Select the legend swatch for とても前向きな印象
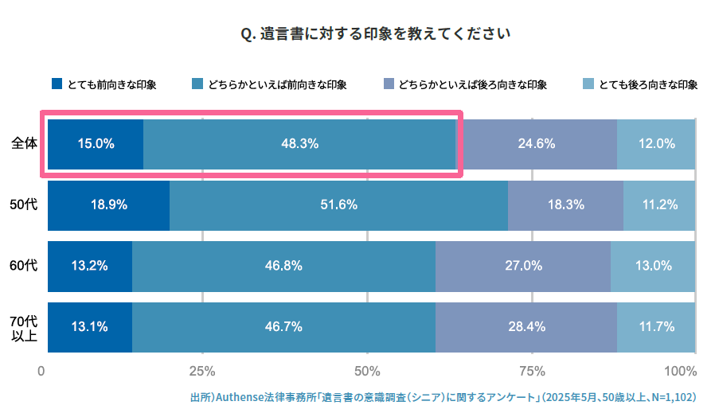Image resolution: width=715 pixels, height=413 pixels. pos(57,84)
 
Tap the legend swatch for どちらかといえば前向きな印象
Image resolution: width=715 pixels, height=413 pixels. pos(197,84)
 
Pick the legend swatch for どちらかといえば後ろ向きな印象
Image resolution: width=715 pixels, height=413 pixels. pos(389,84)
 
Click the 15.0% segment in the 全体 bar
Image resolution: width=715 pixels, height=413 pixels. pos(96,144)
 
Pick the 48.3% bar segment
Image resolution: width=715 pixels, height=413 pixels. pos(299,144)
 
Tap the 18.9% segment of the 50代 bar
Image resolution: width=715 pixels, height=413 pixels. pos(108,205)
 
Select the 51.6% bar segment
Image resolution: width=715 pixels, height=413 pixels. pos(338,205)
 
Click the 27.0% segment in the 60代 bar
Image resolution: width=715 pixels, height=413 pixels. pos(523,266)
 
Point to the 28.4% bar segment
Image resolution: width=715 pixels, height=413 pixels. pos(526,326)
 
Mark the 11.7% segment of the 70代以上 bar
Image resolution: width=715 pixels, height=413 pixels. pos(656,326)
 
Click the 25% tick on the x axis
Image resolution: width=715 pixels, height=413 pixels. pos(202,372)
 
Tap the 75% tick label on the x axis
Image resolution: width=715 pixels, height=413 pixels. pos(532,372)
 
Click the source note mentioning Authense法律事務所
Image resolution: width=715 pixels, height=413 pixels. pos(443,396)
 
